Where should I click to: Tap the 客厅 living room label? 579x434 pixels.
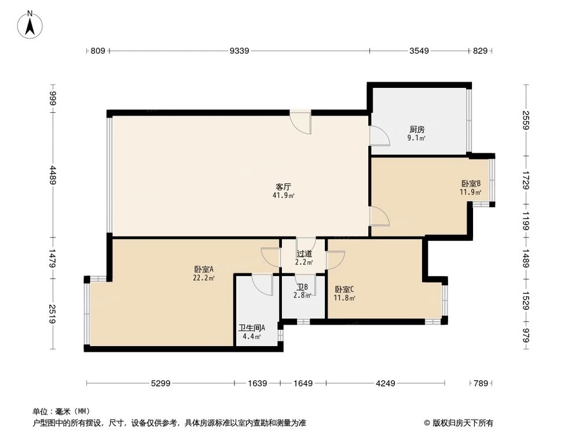click(x=283, y=187)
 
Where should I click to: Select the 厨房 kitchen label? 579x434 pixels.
click(x=417, y=130)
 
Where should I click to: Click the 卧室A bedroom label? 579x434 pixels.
click(x=204, y=269)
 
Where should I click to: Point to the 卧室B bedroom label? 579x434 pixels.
click(x=471, y=183)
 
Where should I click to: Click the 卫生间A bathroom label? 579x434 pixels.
click(x=251, y=328)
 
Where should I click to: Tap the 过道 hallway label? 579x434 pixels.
click(x=305, y=253)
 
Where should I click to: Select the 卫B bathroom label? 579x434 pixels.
click(x=302, y=287)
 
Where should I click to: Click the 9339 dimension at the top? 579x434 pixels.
click(x=239, y=52)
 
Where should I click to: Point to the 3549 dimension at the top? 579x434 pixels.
click(x=419, y=52)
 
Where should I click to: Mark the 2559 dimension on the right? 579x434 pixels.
click(x=526, y=121)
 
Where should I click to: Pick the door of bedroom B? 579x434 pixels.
click(x=379, y=216)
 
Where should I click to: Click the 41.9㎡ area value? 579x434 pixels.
click(x=284, y=196)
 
